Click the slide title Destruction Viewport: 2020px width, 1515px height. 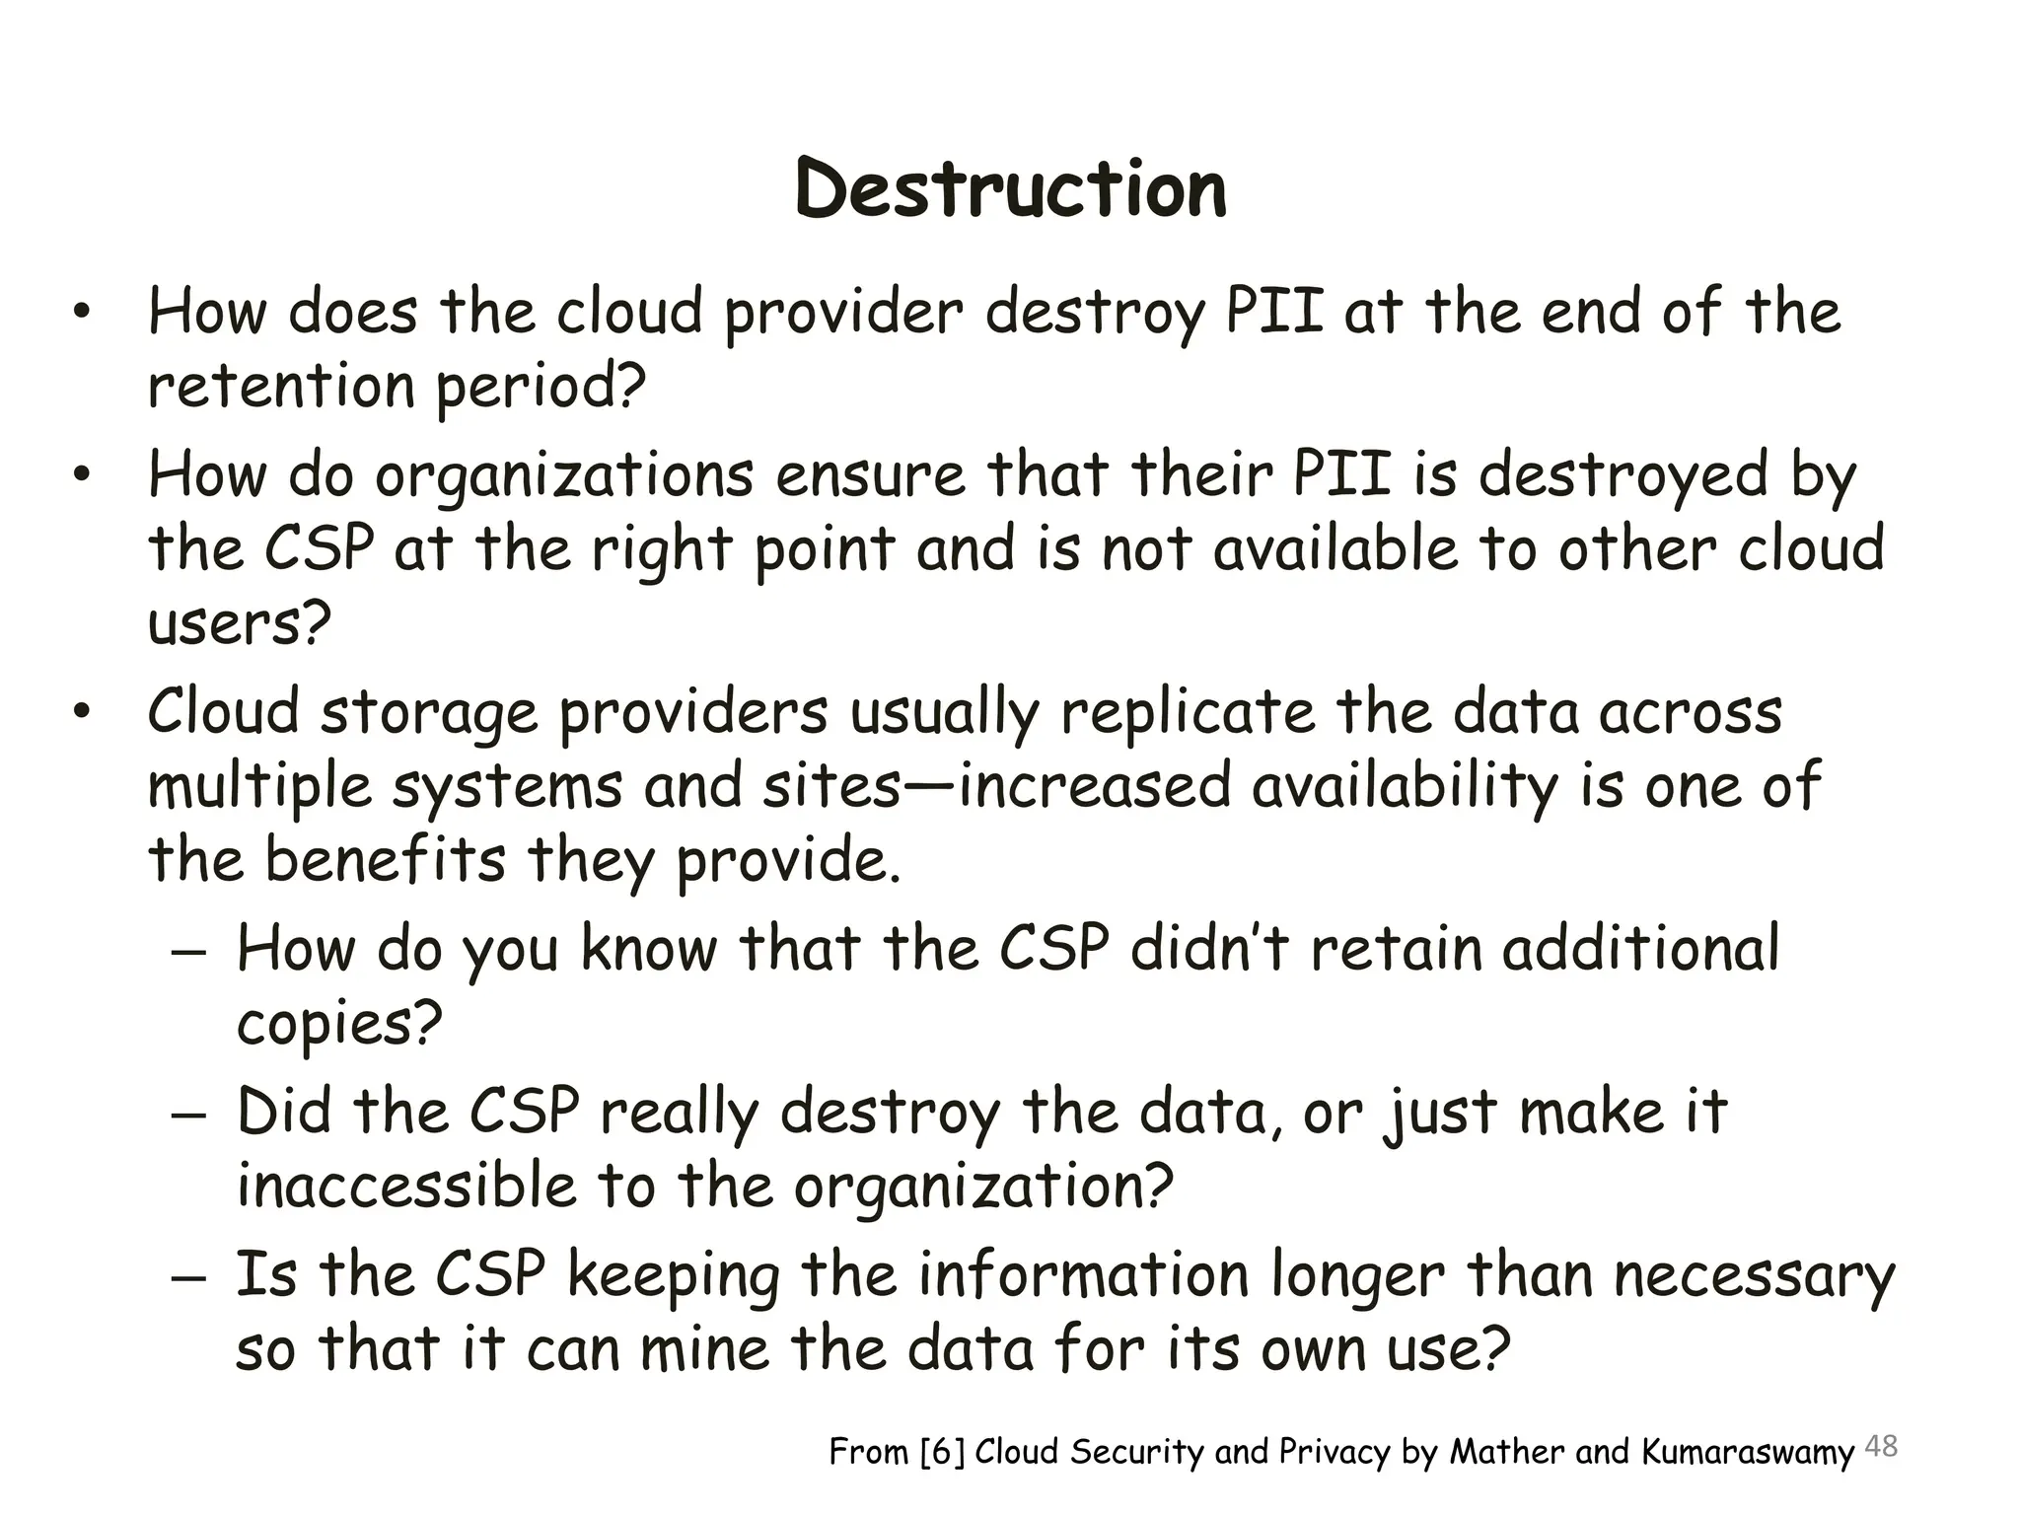tap(1010, 189)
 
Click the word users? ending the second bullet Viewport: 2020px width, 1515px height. tap(239, 625)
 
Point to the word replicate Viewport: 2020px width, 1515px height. tap(1188, 713)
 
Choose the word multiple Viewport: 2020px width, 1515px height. tap(259, 788)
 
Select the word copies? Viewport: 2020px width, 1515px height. tap(338, 1024)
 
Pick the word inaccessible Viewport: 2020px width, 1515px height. tap(406, 1187)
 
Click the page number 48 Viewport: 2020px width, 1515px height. tap(1882, 1447)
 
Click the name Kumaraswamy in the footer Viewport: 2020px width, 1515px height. tap(1748, 1453)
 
